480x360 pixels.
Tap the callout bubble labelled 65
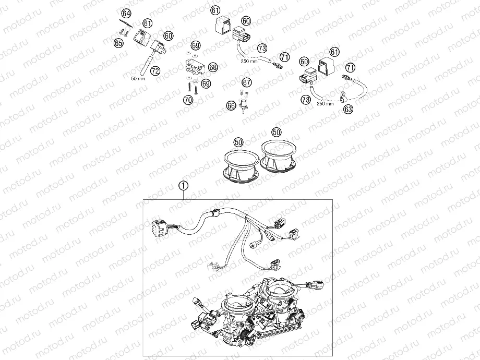pyautogui.click(x=119, y=43)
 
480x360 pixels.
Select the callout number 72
pyautogui.click(x=155, y=70)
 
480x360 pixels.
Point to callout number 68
pyautogui.click(x=213, y=67)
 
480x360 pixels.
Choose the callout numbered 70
pyautogui.click(x=188, y=99)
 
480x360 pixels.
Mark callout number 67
pyautogui.click(x=247, y=82)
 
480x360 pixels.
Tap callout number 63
pyautogui.click(x=348, y=109)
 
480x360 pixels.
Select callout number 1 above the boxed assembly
pyautogui.click(x=183, y=185)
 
